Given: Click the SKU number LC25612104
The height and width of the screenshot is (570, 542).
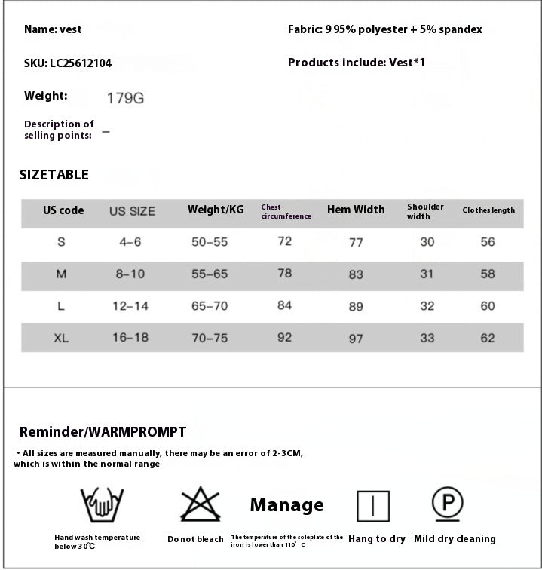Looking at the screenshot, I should pos(80,63).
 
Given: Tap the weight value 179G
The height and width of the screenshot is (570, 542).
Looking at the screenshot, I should pos(125,98).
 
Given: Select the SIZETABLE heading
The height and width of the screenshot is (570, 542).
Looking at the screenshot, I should pos(54,175).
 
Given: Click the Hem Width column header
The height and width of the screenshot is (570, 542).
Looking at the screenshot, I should pos(356,210).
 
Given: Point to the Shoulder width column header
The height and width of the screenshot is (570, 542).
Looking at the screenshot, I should pos(425,211).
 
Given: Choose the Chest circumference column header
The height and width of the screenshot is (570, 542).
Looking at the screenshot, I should pos(286,212).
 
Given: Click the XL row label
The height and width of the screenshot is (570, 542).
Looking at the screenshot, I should pos(61,339).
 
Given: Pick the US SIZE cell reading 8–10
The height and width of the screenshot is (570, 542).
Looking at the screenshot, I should pos(130,274).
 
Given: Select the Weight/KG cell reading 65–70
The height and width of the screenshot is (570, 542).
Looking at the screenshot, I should pos(210,306).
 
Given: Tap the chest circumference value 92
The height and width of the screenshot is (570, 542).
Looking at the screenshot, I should pos(284,337).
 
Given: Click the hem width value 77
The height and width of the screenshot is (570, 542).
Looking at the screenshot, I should pos(356,242).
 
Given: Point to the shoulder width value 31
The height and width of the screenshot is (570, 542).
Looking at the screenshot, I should pos(427,274).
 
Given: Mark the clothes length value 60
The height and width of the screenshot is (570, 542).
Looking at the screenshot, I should pos(488,306).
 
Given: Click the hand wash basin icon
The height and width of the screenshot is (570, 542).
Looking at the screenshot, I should pos(102,504).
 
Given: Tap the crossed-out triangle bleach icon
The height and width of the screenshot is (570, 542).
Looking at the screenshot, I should pos(200,504).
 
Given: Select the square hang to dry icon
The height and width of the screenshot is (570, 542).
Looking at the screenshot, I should pos(373,506).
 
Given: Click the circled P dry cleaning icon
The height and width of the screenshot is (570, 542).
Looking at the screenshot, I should pos(447,504).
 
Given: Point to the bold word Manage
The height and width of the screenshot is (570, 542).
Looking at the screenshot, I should pos(286,505).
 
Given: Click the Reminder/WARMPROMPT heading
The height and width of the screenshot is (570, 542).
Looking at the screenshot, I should pos(103,432).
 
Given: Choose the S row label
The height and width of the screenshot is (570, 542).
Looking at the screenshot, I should pos(61,242).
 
